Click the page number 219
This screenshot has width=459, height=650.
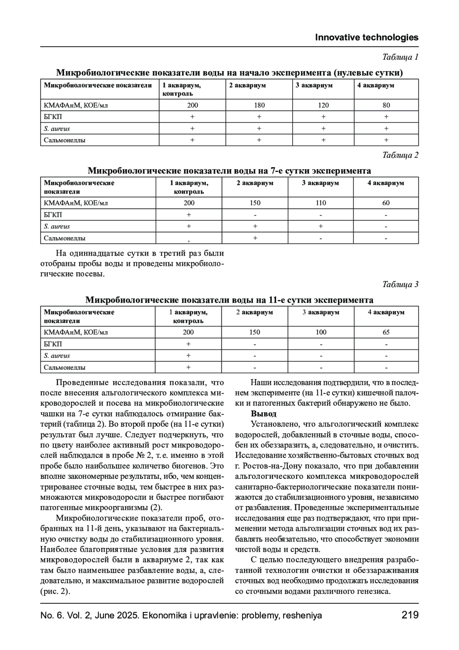click(x=410, y=615)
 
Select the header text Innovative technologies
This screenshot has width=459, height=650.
click(x=366, y=38)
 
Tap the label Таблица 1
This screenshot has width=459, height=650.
click(x=400, y=57)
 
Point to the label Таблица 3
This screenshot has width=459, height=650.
click(x=400, y=284)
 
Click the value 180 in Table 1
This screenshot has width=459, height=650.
click(x=259, y=105)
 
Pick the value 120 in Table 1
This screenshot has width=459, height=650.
click(x=323, y=105)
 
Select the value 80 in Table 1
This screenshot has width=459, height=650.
click(x=386, y=105)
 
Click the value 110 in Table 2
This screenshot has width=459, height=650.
click(x=321, y=203)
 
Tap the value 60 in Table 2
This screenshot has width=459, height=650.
click(x=386, y=203)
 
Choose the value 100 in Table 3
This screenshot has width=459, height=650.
click(x=321, y=332)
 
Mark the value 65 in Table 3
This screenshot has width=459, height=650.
click(x=386, y=332)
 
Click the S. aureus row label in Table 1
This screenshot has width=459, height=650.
click(x=57, y=129)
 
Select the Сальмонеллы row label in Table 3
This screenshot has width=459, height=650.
click(x=65, y=367)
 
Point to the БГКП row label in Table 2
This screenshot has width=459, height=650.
click(x=53, y=215)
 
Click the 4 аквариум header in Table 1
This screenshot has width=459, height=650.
click(x=376, y=85)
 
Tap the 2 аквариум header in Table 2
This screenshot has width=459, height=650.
click(x=255, y=183)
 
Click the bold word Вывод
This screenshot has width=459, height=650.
click(x=264, y=414)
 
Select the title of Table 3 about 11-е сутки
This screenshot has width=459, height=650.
click(x=229, y=300)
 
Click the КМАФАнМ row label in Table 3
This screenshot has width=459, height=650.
click(x=76, y=332)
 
